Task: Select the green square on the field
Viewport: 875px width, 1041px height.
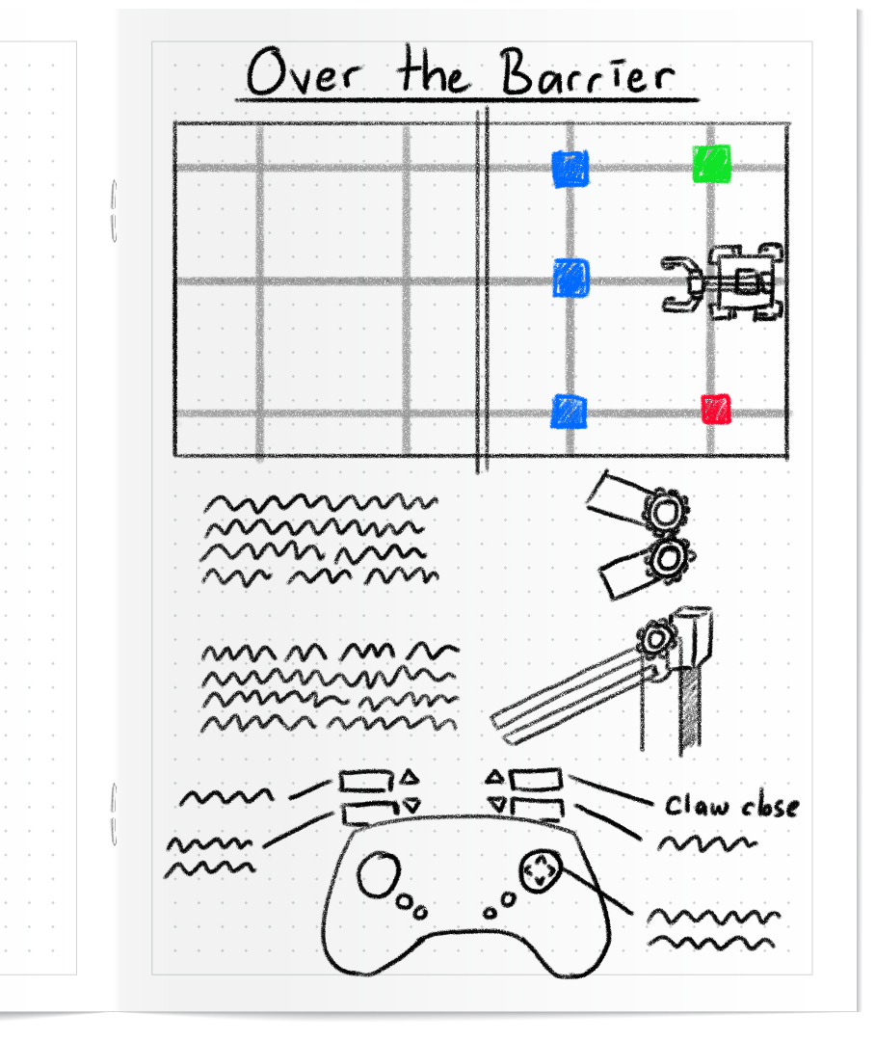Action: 711,161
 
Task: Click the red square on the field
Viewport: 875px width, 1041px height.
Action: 715,409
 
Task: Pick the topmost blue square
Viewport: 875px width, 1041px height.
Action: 570,168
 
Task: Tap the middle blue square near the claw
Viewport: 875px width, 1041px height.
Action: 570,279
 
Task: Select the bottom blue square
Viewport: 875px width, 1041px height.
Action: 569,412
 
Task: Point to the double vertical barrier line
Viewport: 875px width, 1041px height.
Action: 482,289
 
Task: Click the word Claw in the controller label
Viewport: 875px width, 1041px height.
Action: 696,806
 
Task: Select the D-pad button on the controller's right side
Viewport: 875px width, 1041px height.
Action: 539,870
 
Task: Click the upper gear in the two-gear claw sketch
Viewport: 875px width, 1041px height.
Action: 663,512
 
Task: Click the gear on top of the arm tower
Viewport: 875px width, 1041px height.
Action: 657,638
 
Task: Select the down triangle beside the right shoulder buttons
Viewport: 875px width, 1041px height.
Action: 497,804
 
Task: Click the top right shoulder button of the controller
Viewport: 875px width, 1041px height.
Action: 536,778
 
